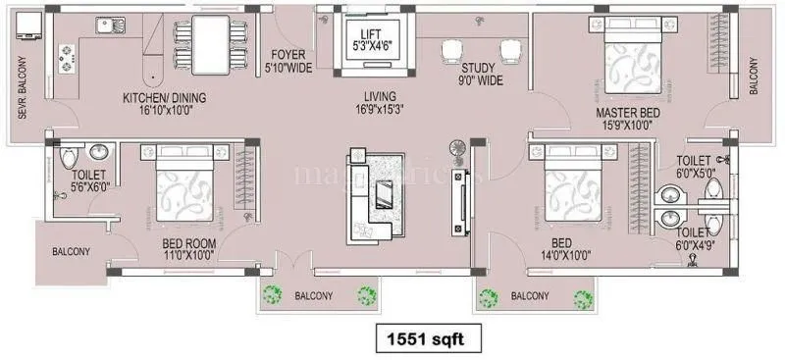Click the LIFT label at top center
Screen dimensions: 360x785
pyautogui.click(x=371, y=33)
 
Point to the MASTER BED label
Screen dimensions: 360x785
pyautogui.click(x=629, y=114)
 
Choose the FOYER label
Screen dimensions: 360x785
pyautogui.click(x=289, y=56)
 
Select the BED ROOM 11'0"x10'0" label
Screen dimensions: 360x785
pyautogui.click(x=190, y=247)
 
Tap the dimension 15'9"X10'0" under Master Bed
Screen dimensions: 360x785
pyautogui.click(x=629, y=126)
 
